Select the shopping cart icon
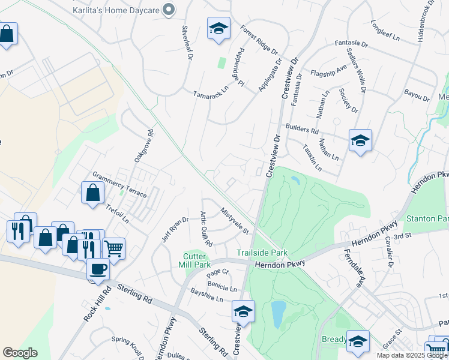pyautogui.click(x=113, y=248)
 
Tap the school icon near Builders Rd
pyautogui.click(x=360, y=141)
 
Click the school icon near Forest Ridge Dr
pyautogui.click(x=218, y=28)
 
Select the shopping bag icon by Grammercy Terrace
pyautogui.click(x=92, y=193)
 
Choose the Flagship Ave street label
pyautogui.click(x=329, y=71)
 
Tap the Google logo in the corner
pyautogui.click(x=20, y=353)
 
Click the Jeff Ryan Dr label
pyautogui.click(x=175, y=227)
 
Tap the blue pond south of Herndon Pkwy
pyautogui.click(x=278, y=314)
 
